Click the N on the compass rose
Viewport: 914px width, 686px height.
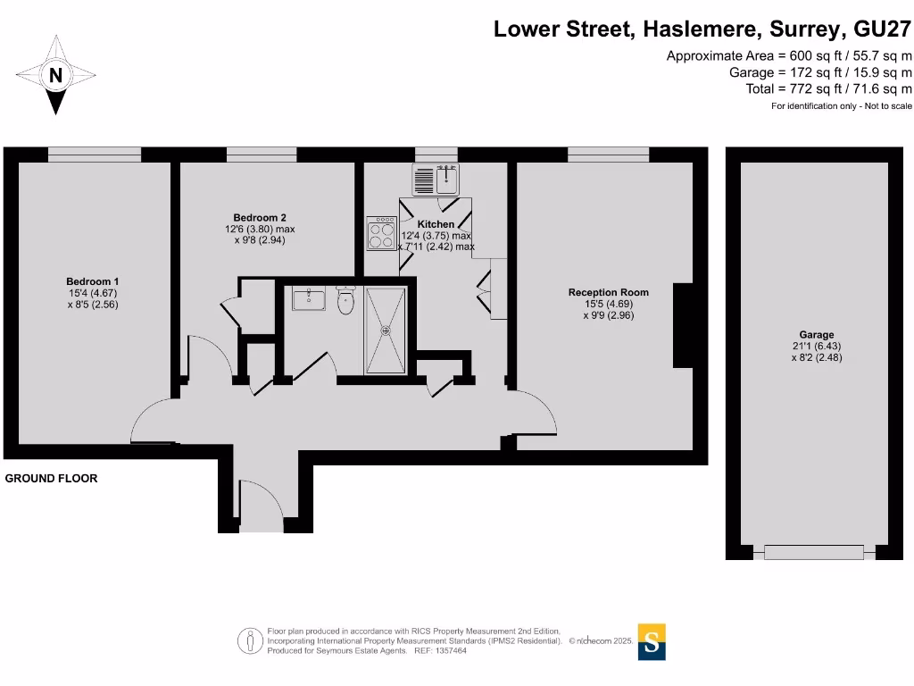[55, 76]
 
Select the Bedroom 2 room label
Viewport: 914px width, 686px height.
[260, 217]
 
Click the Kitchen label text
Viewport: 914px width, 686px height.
[436, 224]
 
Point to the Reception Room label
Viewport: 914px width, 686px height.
[608, 292]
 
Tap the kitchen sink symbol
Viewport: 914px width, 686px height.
[435, 180]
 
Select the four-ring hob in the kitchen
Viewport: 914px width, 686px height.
[382, 235]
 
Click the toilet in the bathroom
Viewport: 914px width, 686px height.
[345, 302]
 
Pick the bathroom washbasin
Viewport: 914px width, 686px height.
[309, 298]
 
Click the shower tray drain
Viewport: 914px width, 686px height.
[386, 330]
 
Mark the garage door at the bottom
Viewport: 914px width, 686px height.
[814, 553]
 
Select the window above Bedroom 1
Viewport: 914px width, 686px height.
[95, 155]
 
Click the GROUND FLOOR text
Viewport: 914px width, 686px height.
[51, 479]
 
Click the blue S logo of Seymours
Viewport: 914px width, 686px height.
[652, 642]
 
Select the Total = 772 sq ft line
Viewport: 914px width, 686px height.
[828, 89]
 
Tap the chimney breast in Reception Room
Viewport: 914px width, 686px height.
[683, 326]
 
